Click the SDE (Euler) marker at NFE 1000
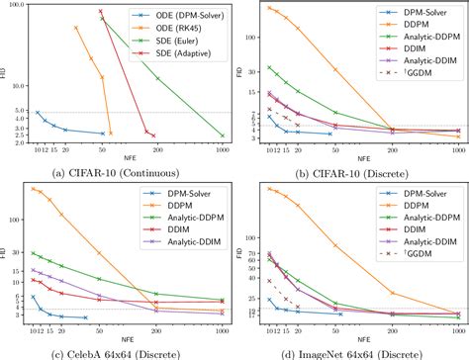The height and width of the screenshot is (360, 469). point(223,135)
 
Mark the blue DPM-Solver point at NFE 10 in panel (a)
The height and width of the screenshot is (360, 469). point(38,112)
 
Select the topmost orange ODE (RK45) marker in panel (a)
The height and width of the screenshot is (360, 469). point(76,28)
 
